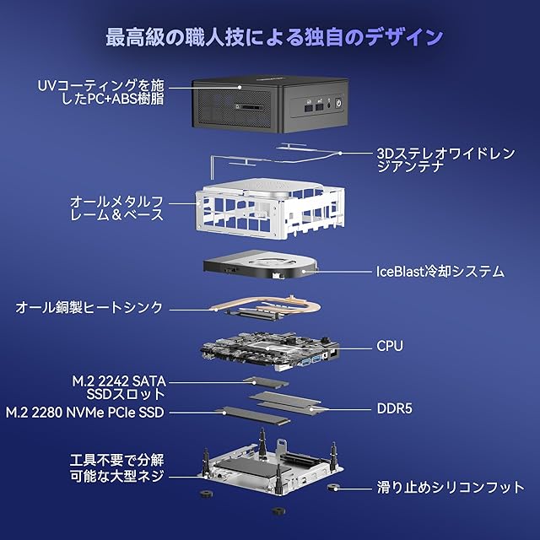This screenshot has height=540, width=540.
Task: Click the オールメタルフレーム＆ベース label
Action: [x=116, y=208]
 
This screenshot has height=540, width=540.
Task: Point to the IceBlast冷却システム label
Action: [x=440, y=272]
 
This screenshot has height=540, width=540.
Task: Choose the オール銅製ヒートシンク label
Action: [x=89, y=308]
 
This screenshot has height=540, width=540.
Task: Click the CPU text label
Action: [x=389, y=346]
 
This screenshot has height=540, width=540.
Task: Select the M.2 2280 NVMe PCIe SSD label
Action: [x=84, y=412]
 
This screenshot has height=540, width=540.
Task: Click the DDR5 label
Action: [x=392, y=410]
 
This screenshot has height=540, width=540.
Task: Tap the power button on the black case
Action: [x=339, y=107]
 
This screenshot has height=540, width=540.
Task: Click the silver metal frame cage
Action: [x=270, y=207]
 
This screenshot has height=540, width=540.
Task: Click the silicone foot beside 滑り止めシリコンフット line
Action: [x=334, y=487]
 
